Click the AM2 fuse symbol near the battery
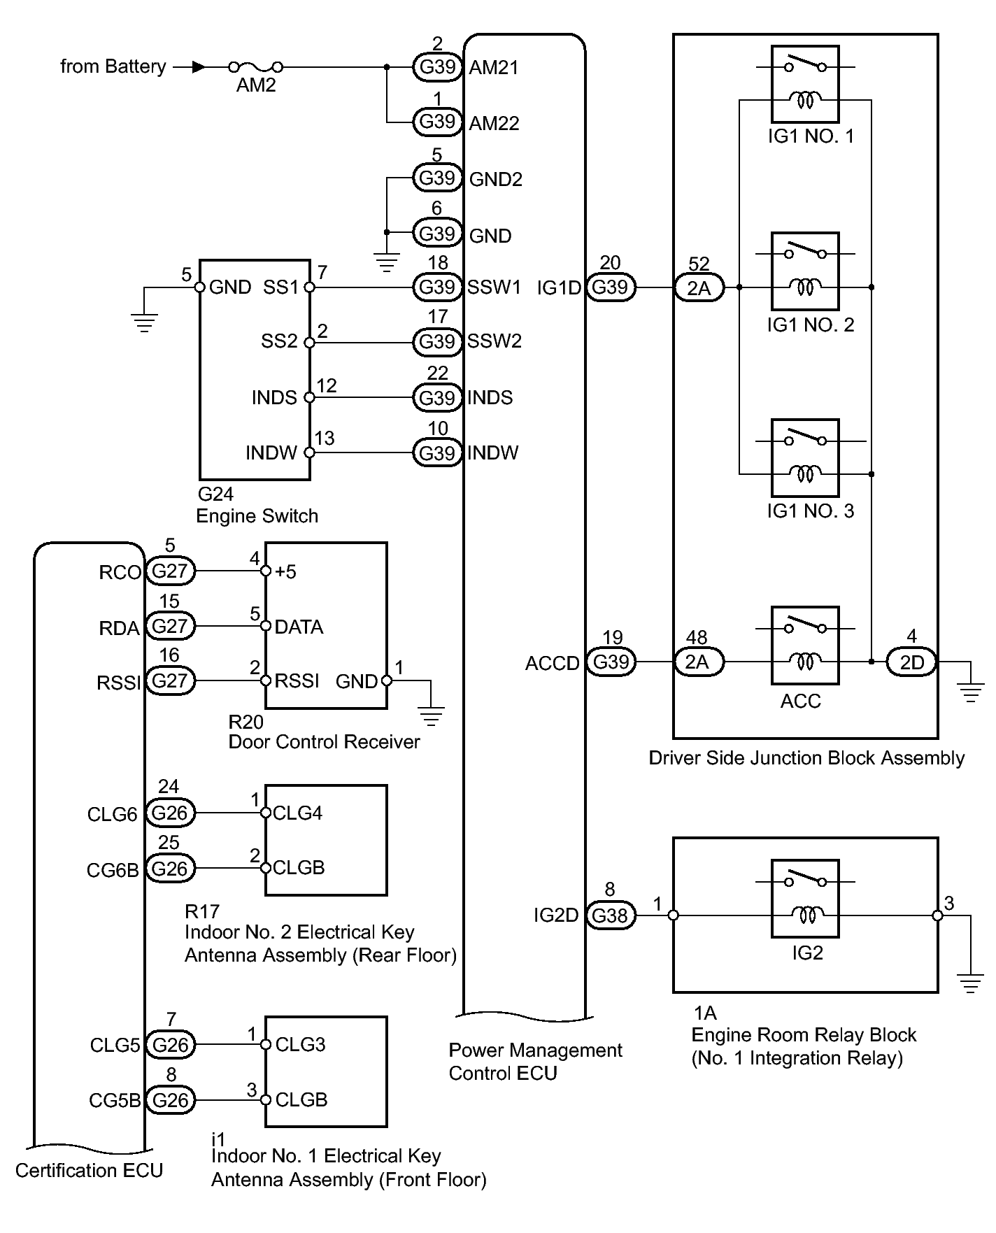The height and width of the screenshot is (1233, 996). click(x=256, y=67)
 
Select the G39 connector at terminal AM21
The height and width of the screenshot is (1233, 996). click(x=437, y=67)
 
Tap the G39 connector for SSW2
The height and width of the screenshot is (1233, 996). click(x=437, y=342)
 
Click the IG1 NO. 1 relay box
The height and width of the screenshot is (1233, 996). click(x=805, y=84)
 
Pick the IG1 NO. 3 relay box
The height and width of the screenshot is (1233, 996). click(x=805, y=457)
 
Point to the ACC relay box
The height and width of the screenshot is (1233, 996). click(x=805, y=645)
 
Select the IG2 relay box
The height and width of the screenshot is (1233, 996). click(x=805, y=898)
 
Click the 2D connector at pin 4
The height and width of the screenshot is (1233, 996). click(x=911, y=662)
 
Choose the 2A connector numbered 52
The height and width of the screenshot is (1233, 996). click(x=699, y=287)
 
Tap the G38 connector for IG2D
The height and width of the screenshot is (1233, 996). click(x=610, y=915)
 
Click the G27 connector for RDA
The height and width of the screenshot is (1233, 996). click(x=169, y=626)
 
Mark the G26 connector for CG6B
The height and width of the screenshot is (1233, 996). click(x=169, y=869)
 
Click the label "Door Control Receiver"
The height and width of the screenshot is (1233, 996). click(x=324, y=742)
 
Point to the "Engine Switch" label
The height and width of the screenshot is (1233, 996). click(x=257, y=516)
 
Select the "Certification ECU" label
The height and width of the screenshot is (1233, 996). click(x=89, y=1171)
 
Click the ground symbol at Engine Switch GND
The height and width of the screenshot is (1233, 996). click(x=144, y=322)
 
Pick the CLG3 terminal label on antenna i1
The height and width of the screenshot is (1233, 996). click(x=300, y=1045)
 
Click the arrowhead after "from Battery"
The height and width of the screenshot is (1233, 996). click(x=199, y=67)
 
